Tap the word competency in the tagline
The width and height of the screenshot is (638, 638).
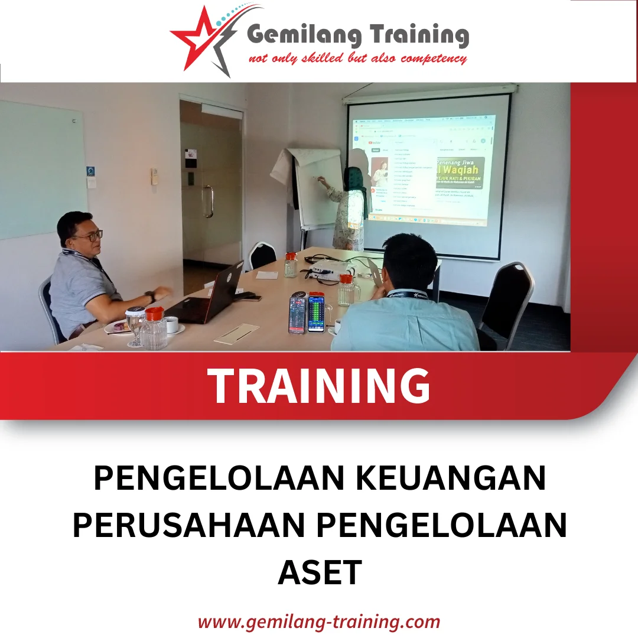(434, 58)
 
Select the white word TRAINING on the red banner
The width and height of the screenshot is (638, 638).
(318, 386)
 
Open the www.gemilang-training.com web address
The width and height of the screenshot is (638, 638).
(319, 621)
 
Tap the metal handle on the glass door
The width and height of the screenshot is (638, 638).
(208, 201)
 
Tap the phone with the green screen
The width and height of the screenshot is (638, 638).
(317, 313)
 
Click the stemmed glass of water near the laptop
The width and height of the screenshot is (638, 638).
(135, 324)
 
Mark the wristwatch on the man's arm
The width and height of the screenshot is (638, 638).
(151, 297)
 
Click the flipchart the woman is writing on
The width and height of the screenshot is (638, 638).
(318, 189)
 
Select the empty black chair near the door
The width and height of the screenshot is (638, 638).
(262, 256)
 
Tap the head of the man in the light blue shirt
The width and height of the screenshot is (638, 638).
(409, 260)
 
